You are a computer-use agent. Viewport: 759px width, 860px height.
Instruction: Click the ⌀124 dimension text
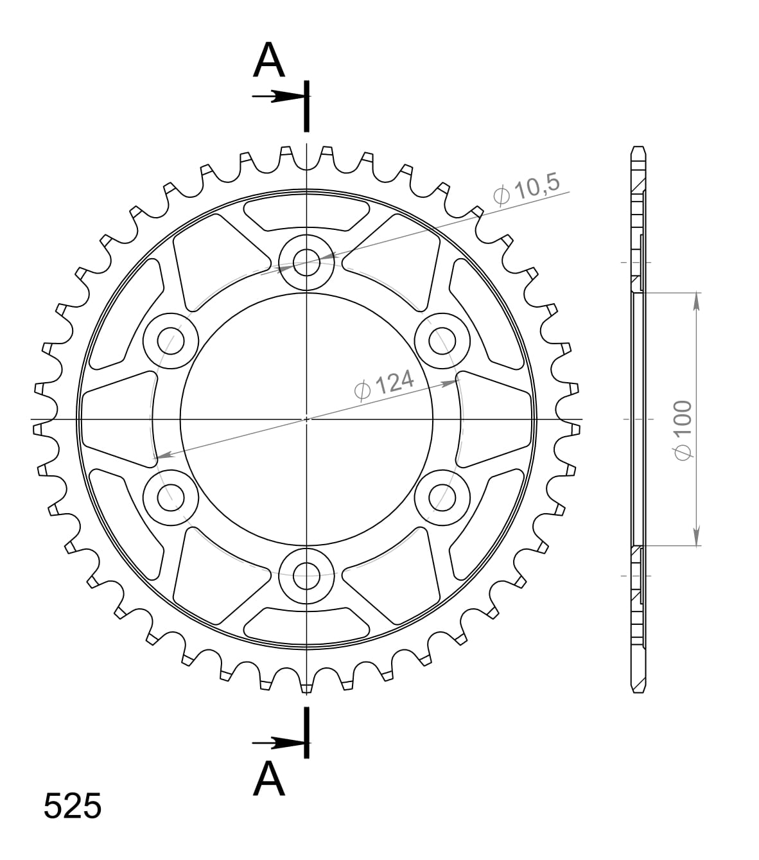pos(384,385)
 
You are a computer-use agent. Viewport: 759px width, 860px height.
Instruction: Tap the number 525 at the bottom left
pos(72,806)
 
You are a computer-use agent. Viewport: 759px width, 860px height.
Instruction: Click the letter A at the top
pos(269,61)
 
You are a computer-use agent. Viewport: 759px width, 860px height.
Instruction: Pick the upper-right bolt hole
pos(442,340)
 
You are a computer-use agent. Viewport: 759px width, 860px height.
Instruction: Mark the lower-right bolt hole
pos(442,496)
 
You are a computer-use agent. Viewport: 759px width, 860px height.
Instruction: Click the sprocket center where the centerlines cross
pos(307,419)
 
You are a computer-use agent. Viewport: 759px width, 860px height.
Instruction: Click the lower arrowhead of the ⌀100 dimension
pos(697,538)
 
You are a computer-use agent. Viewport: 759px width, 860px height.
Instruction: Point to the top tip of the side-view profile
pos(637,147)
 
